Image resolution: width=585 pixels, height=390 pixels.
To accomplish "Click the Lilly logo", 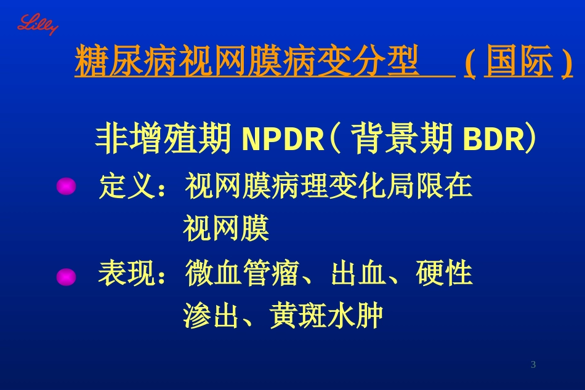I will [x=37, y=25].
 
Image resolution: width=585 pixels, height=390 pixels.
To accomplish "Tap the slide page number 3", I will [x=533, y=365].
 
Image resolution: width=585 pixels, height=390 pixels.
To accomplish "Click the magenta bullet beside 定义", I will [x=66, y=186].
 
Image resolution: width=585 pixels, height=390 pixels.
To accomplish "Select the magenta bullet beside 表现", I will [x=66, y=277].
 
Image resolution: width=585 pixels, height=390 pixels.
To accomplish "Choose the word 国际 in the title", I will [x=518, y=62].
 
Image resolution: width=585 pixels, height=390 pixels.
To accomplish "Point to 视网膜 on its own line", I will [x=226, y=230].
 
